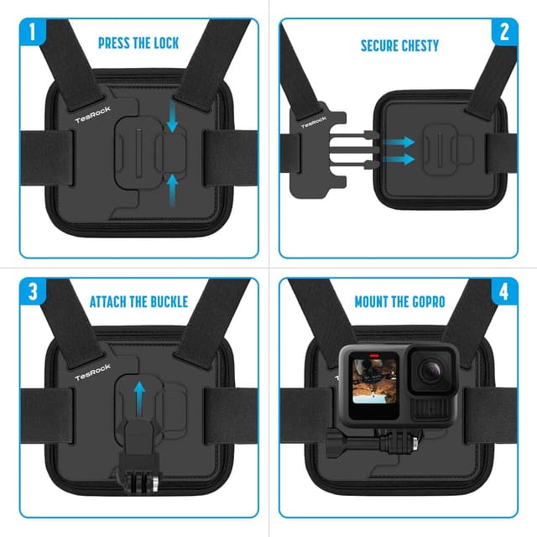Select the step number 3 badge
click(32, 294)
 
